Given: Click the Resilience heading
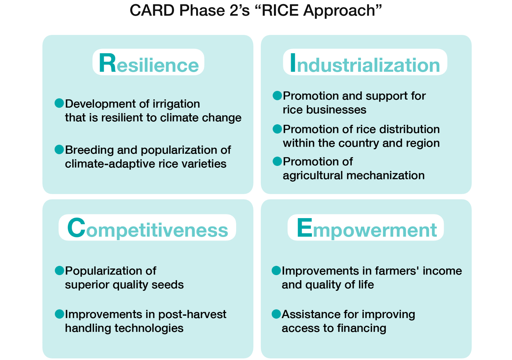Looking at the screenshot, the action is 148,63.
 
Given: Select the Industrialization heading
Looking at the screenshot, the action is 365,63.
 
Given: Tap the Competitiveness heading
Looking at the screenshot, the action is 148,228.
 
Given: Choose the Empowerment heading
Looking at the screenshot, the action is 367,228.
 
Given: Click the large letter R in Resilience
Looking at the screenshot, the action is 107,63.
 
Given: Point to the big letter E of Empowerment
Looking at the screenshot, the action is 304,228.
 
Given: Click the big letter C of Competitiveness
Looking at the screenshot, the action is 76,228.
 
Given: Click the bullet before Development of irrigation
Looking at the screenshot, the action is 59,103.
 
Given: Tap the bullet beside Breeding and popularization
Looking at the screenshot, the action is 59,150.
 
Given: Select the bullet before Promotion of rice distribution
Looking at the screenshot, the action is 277,129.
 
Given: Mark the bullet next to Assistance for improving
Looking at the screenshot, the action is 276,314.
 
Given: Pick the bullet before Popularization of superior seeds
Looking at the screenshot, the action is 60,271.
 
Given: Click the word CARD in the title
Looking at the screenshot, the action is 152,11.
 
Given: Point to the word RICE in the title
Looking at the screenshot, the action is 280,11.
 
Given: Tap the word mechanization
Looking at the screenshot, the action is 385,176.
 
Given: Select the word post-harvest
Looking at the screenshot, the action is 192,315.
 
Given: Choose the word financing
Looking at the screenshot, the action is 362,329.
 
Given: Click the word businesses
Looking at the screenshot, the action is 336,110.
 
